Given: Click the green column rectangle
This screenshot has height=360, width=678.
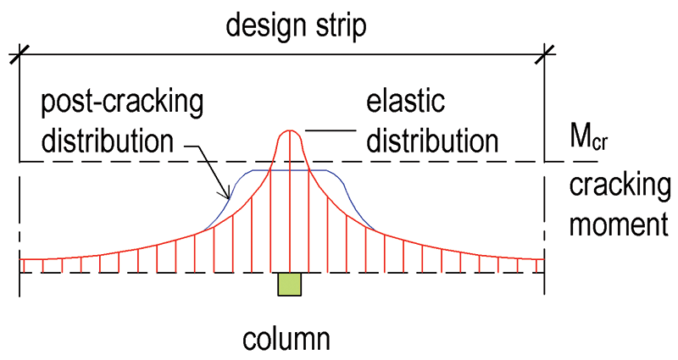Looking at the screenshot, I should tap(290, 285).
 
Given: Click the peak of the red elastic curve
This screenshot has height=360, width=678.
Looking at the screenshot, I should tap(290, 130).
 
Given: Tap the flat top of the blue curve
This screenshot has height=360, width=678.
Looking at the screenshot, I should tap(290, 170).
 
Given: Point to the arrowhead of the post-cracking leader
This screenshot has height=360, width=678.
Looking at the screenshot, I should tap(228, 197).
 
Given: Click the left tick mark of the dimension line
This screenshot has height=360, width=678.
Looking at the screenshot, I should tap(19, 57).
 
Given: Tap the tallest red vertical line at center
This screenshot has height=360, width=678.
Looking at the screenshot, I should tap(290, 203).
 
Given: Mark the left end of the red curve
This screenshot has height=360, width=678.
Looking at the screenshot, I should tap(20, 258).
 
